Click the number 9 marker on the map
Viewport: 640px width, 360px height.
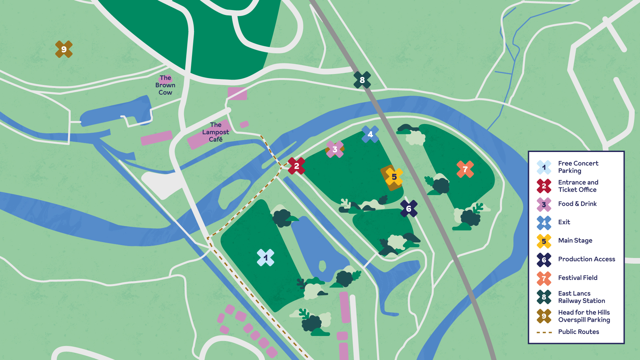click(64, 49)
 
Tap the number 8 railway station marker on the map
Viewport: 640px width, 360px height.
click(362, 80)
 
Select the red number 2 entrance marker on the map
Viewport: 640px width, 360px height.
click(296, 166)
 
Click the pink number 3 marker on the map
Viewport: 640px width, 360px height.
click(335, 149)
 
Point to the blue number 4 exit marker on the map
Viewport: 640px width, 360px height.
click(370, 134)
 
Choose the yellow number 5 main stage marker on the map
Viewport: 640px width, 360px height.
click(394, 177)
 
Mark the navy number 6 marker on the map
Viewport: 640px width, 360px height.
click(409, 209)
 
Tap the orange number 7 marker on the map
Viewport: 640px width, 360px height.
click(465, 169)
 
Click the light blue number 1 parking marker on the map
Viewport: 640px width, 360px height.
click(265, 258)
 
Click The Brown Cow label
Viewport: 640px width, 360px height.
click(165, 85)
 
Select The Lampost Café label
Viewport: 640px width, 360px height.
click(216, 132)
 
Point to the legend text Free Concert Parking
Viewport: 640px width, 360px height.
click(578, 167)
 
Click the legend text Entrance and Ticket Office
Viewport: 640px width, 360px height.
click(578, 186)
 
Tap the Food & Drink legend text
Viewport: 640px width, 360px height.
click(577, 204)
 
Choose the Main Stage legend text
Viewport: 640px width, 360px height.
click(575, 240)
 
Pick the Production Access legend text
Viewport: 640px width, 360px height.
click(586, 259)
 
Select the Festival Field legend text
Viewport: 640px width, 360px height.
click(578, 278)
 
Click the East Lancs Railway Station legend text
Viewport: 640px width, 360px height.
click(581, 297)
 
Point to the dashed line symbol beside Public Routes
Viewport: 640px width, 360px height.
click(544, 332)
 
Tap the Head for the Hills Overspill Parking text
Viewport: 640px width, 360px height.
click(584, 316)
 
